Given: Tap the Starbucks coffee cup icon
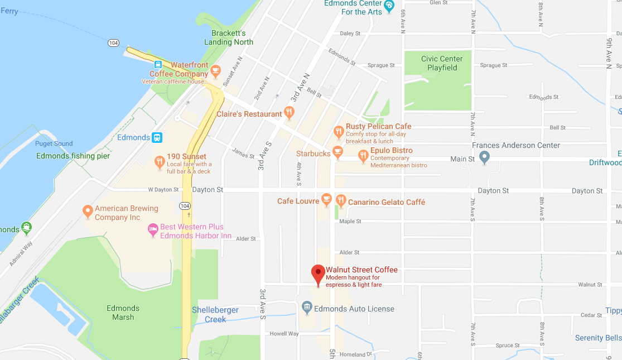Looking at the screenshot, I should [x=337, y=151].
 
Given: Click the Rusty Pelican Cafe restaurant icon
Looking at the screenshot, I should [x=339, y=132].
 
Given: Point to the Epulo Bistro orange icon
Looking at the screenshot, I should [x=363, y=156].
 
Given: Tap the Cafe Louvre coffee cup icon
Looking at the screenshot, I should [x=326, y=200].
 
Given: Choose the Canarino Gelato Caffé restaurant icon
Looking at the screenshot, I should [x=341, y=201].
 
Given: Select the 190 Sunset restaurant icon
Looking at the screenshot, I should [x=160, y=162].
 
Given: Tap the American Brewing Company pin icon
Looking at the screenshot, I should [x=87, y=212].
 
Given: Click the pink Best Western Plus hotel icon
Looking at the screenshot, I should [x=152, y=229].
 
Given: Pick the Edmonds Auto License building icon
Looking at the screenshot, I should [x=307, y=307].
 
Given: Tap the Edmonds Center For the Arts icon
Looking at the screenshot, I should [x=389, y=6].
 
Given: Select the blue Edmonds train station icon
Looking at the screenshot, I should [x=158, y=137].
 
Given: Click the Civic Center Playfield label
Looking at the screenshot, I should [x=442, y=63].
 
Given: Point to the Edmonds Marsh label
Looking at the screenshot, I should [x=123, y=313].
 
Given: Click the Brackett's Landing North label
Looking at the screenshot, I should [x=229, y=37].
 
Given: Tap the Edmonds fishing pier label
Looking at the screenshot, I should [x=73, y=156].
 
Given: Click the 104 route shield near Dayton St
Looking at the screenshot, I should [x=185, y=206].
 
